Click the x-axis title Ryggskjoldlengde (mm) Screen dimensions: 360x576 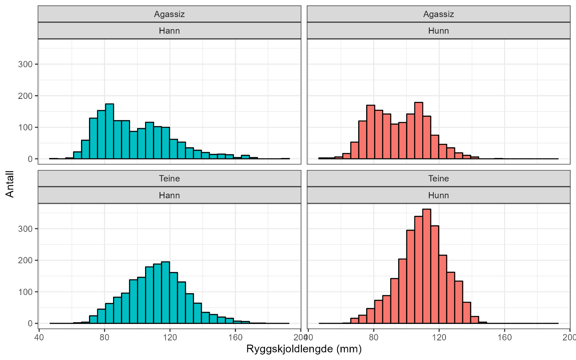(304, 349)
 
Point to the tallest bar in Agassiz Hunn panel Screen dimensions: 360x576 (418, 131)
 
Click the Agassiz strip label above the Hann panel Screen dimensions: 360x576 (169, 14)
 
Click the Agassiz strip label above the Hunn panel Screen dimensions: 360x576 (438, 14)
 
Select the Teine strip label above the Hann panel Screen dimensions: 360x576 (169, 179)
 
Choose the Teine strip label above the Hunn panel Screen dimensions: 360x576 (438, 179)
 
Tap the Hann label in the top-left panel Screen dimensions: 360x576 (169, 31)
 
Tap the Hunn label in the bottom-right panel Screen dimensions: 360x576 (438, 195)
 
